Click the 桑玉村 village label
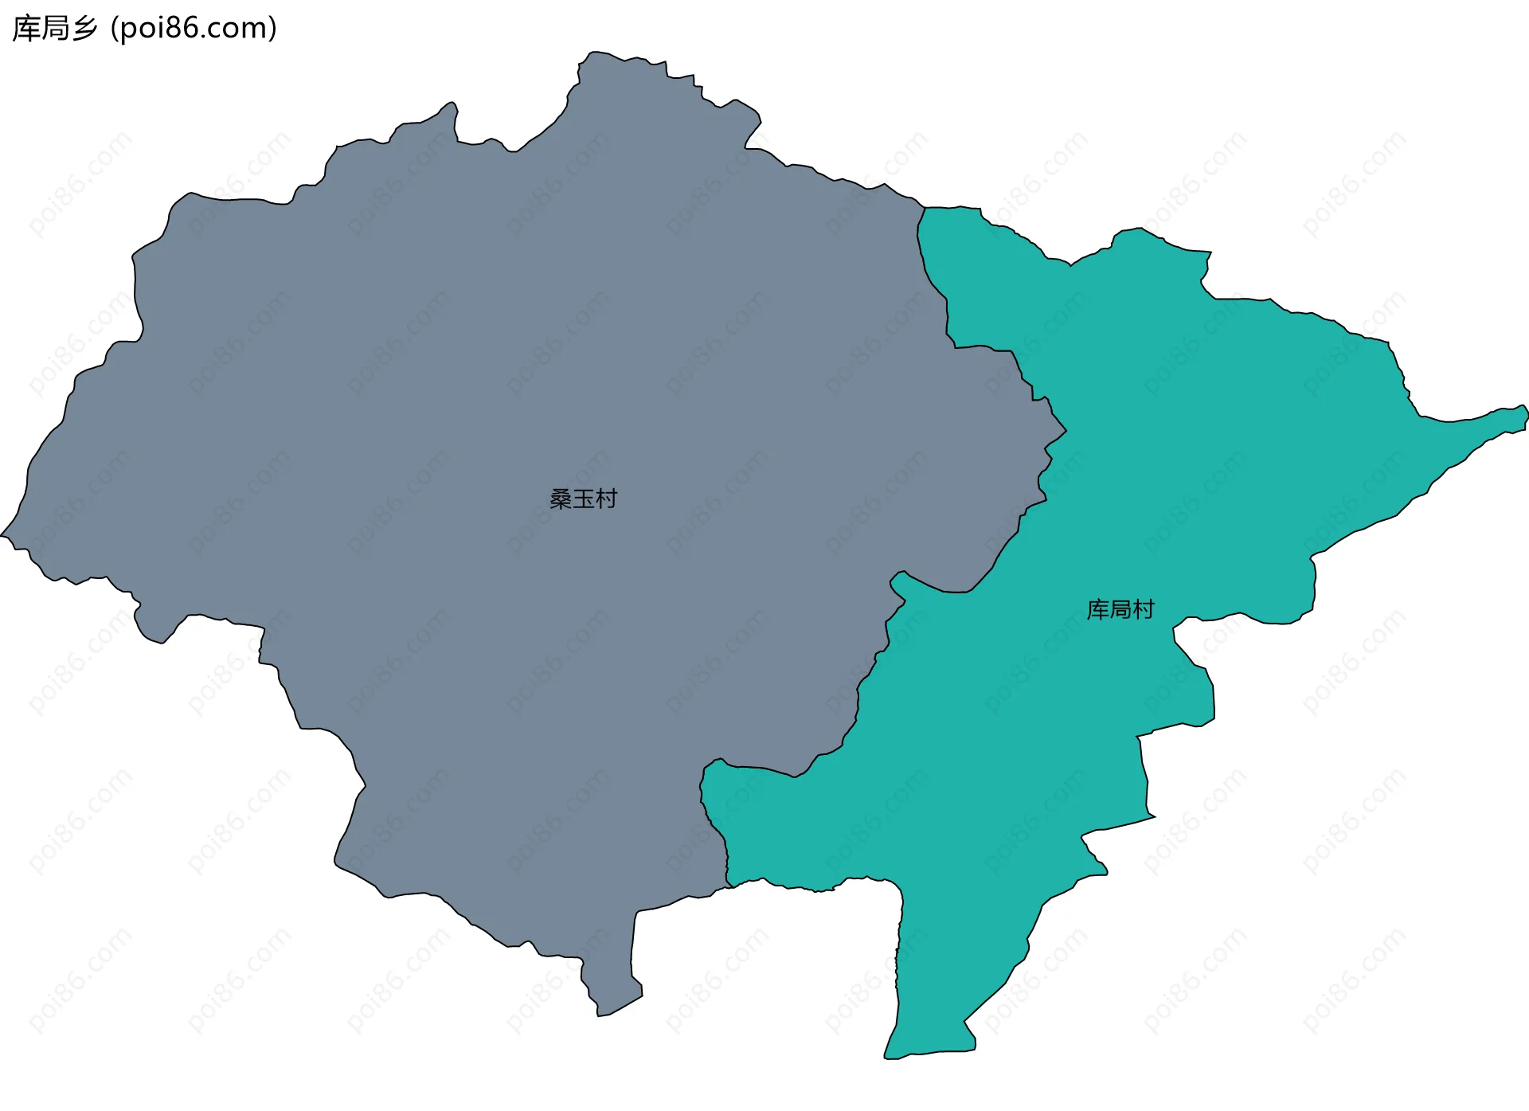[583, 499]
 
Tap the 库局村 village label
[1120, 610]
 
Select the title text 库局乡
[55, 29]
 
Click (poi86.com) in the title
[194, 29]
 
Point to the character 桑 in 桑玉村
[561, 499]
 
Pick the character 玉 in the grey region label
[584, 499]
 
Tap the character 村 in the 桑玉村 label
[607, 499]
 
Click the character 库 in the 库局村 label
[1098, 610]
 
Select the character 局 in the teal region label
[1120, 610]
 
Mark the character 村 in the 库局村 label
[1144, 610]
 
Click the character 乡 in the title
[84, 29]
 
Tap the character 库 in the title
[25, 29]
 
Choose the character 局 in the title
[55, 29]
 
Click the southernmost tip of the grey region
[600, 1015]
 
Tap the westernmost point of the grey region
[2, 535]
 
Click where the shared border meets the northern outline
[925, 208]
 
